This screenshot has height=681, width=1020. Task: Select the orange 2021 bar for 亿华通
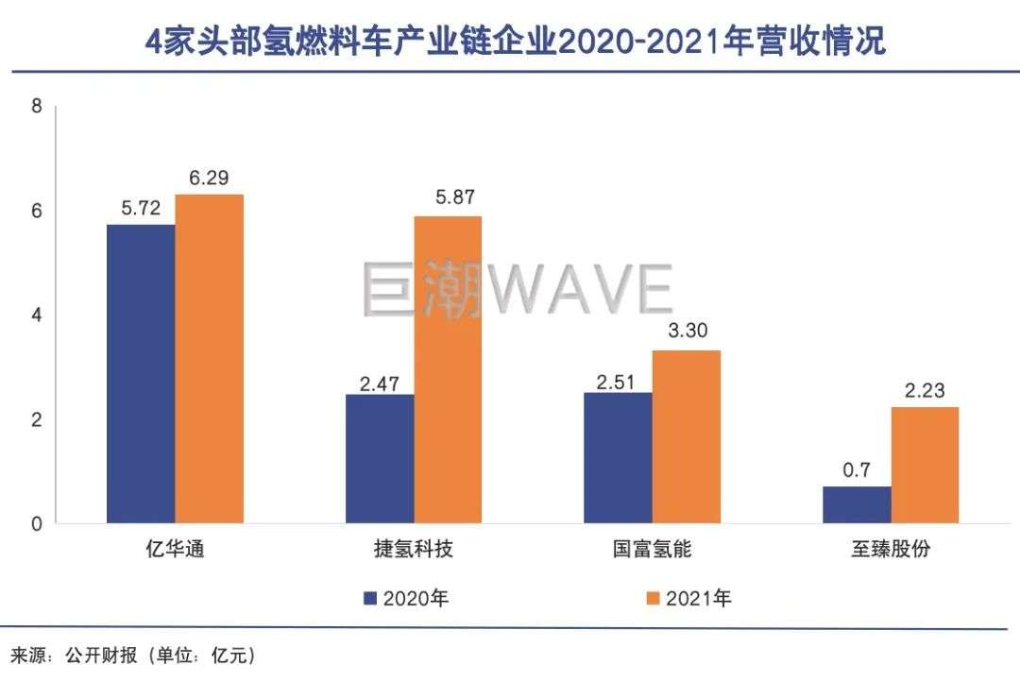(210, 359)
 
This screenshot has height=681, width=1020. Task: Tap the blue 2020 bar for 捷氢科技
(380, 458)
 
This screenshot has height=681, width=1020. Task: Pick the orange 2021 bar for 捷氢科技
(449, 369)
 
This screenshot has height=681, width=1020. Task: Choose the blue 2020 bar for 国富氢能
(618, 457)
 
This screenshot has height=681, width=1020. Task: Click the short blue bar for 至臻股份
(857, 504)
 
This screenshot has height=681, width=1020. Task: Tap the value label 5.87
(449, 199)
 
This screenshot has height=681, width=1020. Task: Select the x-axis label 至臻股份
(892, 549)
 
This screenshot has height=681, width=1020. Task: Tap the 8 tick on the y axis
(37, 107)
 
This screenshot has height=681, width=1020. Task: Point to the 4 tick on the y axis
(37, 315)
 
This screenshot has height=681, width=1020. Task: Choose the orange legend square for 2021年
(651, 598)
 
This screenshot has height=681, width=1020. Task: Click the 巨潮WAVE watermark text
(517, 287)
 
